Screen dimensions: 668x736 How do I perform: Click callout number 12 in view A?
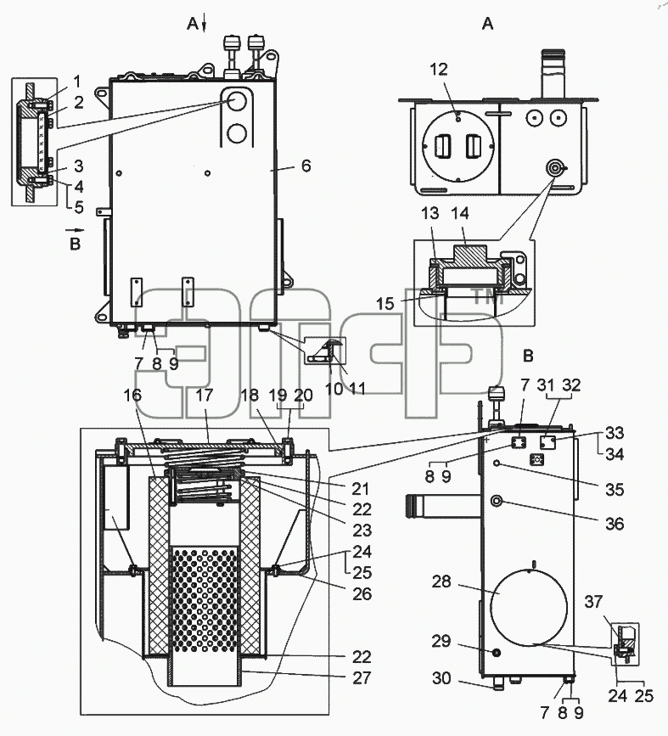(x=439, y=70)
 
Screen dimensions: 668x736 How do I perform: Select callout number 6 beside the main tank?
(x=306, y=166)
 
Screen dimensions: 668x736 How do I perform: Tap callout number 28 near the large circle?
(x=441, y=581)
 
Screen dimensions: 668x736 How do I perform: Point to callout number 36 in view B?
(x=614, y=524)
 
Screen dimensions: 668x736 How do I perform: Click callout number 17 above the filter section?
(x=205, y=396)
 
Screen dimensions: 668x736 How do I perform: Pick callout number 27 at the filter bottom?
(x=362, y=677)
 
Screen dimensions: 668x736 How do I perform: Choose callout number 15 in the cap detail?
(x=385, y=304)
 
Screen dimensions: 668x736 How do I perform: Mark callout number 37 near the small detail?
(x=593, y=601)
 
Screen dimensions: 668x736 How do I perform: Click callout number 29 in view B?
(x=441, y=641)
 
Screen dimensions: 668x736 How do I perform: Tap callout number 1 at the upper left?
(x=77, y=81)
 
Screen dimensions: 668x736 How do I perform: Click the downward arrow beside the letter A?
(x=205, y=24)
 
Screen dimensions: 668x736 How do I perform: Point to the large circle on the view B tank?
(x=529, y=607)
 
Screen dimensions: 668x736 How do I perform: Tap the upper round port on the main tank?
(x=236, y=100)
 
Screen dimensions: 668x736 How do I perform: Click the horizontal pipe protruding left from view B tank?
(x=442, y=506)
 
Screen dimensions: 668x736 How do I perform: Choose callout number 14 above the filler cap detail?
(x=460, y=214)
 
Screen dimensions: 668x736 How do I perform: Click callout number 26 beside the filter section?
(x=362, y=593)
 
